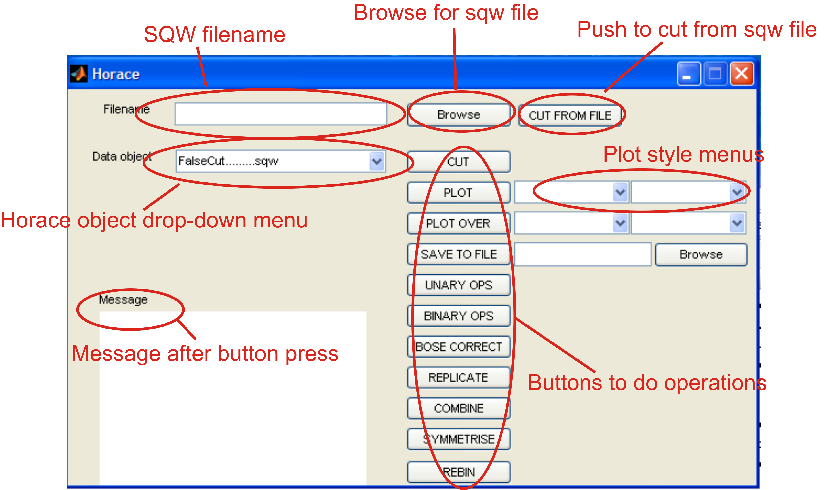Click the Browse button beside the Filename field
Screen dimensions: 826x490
(x=459, y=115)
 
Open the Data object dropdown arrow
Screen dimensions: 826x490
(x=377, y=161)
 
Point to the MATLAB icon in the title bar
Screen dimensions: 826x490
(x=79, y=73)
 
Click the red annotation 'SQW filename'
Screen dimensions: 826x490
(x=214, y=34)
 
